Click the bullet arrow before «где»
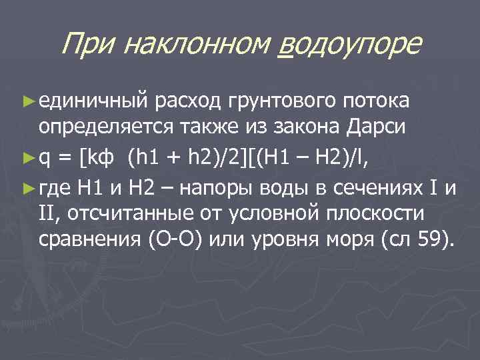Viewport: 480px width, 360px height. point(27,189)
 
